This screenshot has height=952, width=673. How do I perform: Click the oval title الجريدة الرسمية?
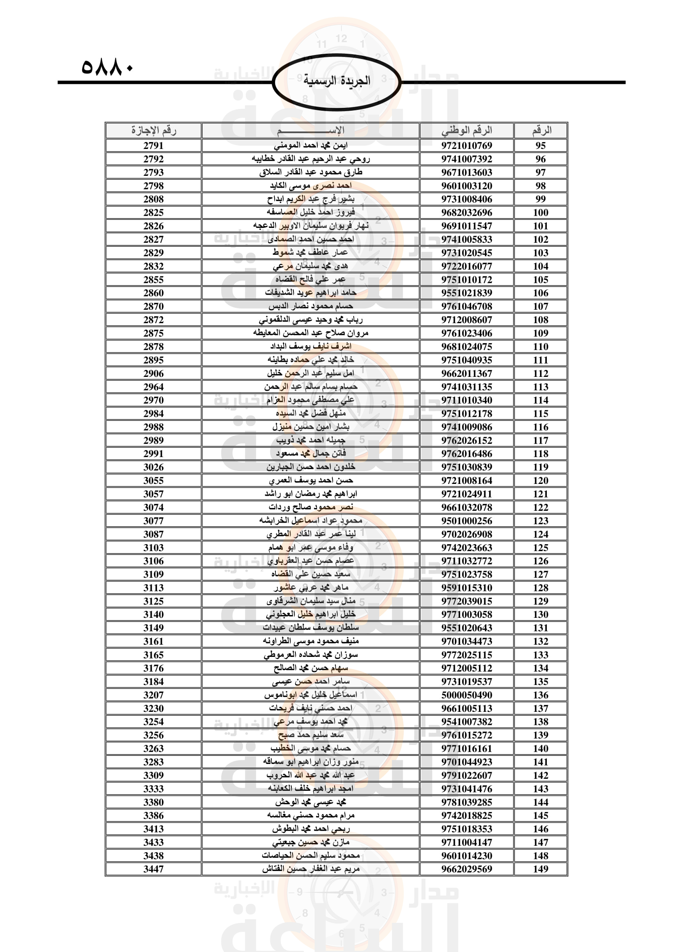pos(336,81)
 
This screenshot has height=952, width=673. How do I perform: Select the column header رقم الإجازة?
pos(153,131)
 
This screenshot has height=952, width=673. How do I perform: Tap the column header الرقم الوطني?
pos(467,131)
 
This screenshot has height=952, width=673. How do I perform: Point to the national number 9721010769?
pos(467,146)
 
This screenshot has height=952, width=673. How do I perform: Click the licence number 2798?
pos(153,186)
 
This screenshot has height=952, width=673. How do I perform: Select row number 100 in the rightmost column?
pos(540,213)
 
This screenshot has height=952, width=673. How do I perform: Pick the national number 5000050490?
pos(467,695)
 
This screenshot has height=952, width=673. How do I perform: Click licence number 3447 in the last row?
pos(153,869)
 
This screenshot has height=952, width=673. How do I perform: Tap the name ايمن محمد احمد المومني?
pos(310,146)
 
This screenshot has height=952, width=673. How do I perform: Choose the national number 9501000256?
pos(467,521)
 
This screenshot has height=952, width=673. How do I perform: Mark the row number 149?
pos(540,869)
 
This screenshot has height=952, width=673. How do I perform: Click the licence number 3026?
pos(153,467)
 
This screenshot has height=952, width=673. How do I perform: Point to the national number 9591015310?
pos(467,588)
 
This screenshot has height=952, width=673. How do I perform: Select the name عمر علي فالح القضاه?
pos(310,280)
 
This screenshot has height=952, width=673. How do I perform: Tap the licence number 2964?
pos(153,387)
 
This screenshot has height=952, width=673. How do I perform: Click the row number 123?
pos(540,521)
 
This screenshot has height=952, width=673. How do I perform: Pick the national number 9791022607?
pos(467,775)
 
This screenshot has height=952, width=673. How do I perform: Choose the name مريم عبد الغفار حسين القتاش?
pos(310,869)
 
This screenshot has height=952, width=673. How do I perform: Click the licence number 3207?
pos(153,695)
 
